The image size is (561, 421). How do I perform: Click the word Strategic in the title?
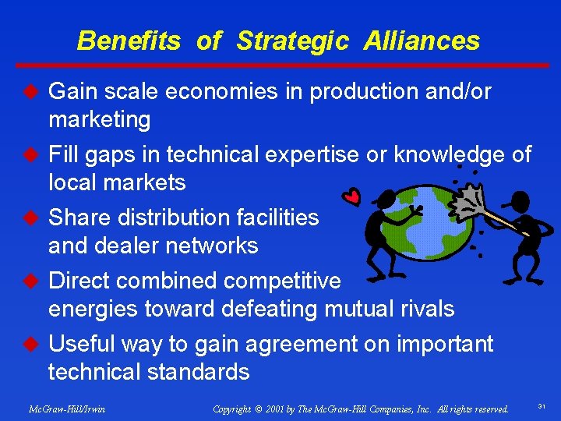click(x=292, y=41)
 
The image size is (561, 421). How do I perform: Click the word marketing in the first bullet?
click(x=99, y=120)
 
